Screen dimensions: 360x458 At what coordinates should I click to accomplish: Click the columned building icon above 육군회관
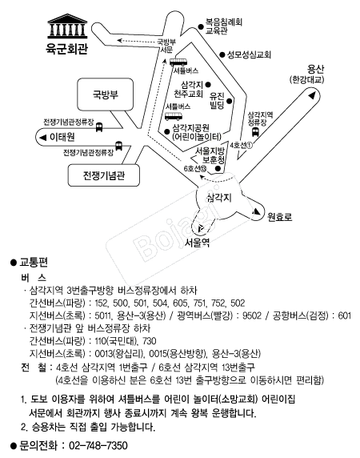pyautogui.click(x=67, y=26)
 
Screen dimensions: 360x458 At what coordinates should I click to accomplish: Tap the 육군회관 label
pyautogui.click(x=67, y=49)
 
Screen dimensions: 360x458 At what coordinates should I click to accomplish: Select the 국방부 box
pyautogui.click(x=106, y=94)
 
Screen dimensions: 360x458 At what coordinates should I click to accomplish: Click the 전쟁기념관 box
pyautogui.click(x=104, y=175)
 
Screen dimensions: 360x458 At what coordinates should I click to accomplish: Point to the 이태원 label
pyautogui.click(x=62, y=137)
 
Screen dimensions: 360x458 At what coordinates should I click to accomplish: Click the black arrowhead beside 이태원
pyautogui.click(x=43, y=138)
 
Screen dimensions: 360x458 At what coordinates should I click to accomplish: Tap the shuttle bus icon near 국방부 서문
pyautogui.click(x=178, y=62)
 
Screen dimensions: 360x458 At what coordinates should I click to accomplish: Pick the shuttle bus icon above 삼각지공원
pyautogui.click(x=174, y=116)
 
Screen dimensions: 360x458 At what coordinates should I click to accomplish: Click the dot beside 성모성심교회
pyautogui.click(x=222, y=54)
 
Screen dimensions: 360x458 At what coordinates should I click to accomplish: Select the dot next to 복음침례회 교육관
pyautogui.click(x=201, y=26)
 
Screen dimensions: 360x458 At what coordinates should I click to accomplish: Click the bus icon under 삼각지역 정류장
pyautogui.click(x=255, y=132)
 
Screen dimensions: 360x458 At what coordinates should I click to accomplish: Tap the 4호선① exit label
pyautogui.click(x=242, y=145)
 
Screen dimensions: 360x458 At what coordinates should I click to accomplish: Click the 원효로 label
pyautogui.click(x=280, y=217)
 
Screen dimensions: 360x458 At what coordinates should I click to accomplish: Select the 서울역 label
pyautogui.click(x=198, y=243)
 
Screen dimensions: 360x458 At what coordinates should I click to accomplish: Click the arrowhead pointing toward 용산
pyautogui.click(x=312, y=95)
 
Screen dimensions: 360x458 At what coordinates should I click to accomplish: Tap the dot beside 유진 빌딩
pyautogui.click(x=230, y=101)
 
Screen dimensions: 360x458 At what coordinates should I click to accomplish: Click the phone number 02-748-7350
pyautogui.click(x=98, y=446)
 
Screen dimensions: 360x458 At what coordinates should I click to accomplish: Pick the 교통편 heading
pyautogui.click(x=34, y=263)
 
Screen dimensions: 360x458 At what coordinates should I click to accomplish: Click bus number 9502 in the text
pyautogui.click(x=252, y=315)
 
